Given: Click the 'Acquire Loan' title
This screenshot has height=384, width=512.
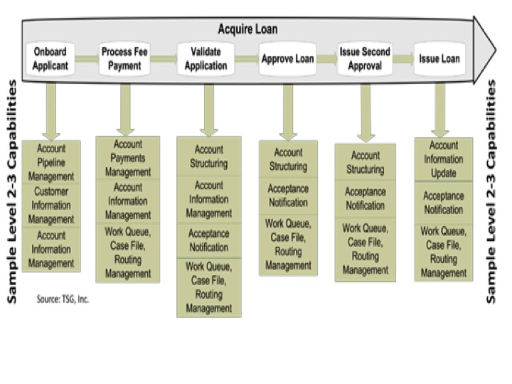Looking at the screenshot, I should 247,30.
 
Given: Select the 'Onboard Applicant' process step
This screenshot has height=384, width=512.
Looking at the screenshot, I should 50,60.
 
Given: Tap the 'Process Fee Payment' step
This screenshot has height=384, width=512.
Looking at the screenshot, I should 126,60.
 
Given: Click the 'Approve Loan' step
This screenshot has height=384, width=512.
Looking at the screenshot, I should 288,60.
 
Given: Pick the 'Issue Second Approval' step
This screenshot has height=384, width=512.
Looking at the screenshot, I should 365,60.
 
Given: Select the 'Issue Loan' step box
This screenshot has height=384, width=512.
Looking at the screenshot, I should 439,60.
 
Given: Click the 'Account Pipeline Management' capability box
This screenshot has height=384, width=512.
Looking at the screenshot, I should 51,163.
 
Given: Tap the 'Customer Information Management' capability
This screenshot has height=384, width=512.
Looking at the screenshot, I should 51,206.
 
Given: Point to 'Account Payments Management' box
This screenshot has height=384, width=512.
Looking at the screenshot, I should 128,158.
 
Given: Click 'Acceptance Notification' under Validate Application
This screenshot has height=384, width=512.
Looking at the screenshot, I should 209,240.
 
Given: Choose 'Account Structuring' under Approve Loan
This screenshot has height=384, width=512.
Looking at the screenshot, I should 288,159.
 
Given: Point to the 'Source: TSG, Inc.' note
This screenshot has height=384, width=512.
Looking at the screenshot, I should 63,299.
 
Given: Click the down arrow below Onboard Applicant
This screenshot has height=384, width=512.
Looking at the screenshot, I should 51,110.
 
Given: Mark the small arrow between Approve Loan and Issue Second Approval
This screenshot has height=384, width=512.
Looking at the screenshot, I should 326,60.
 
